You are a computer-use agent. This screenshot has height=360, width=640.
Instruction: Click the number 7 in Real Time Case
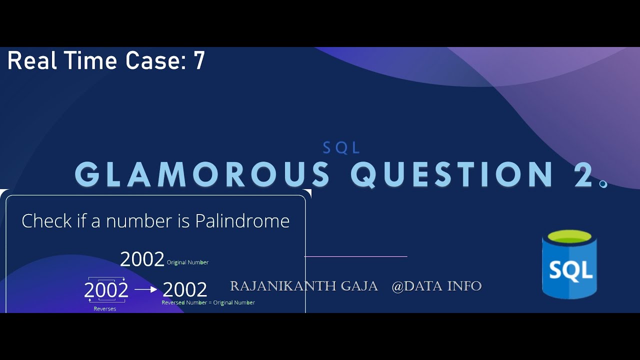[x=199, y=61]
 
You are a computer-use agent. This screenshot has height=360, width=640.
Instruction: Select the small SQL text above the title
[x=341, y=147]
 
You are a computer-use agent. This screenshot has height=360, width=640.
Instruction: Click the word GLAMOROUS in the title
[x=202, y=174]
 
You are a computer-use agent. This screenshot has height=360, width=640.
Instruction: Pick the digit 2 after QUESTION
[x=583, y=174]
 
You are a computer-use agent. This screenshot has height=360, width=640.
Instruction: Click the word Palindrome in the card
[x=242, y=221]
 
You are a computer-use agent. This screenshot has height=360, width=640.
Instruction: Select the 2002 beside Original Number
[x=142, y=259]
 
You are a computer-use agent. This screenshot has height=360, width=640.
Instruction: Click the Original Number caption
[x=187, y=262]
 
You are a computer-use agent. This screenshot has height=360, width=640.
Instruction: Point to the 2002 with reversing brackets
[x=106, y=290]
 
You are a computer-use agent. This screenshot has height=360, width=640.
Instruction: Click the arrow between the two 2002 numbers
[x=145, y=289]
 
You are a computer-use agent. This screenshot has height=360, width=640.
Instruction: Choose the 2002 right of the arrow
[x=184, y=290]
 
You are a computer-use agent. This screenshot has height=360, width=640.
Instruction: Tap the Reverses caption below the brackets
[x=105, y=309]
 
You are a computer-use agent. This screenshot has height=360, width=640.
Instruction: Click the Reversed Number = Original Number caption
[x=208, y=302]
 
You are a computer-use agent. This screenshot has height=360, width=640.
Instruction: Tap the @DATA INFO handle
[x=436, y=286]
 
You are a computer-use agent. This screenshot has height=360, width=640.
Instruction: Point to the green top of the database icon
[x=569, y=236]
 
